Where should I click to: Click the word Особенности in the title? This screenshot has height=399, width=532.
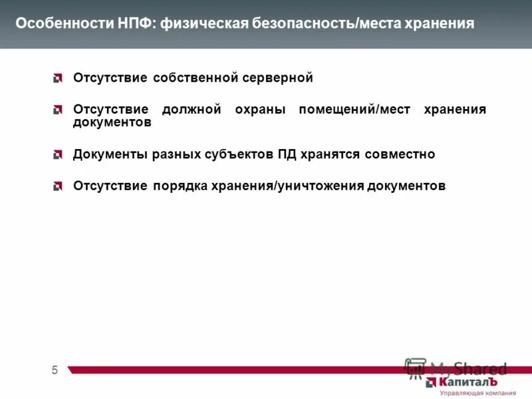coord(57,24)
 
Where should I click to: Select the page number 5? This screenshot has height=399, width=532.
coord(55,370)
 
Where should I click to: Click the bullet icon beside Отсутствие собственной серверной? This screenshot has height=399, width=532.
coord(59,79)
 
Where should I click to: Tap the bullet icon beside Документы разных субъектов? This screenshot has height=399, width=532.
coord(59,155)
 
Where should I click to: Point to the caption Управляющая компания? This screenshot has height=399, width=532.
coord(473,394)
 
